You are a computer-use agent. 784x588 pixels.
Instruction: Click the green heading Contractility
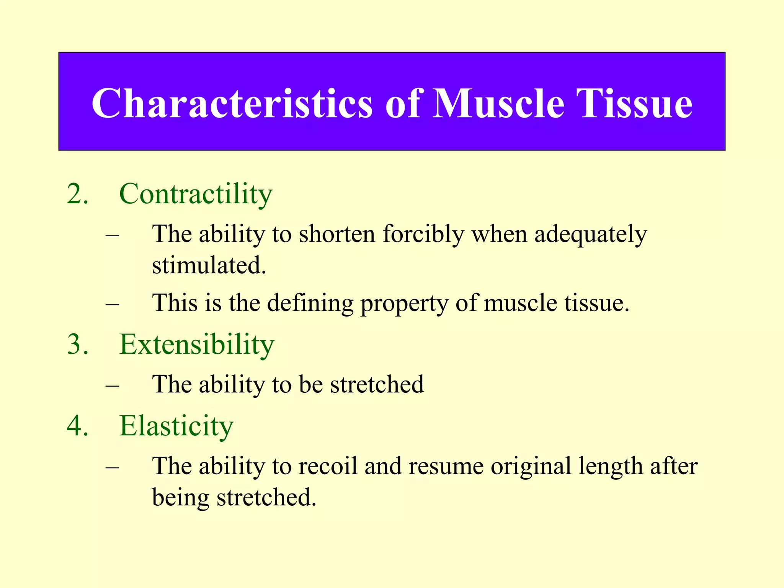click(196, 194)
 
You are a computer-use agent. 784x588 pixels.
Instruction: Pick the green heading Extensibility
click(197, 344)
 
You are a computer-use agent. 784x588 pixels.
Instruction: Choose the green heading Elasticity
click(176, 426)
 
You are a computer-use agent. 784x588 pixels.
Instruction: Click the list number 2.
click(77, 194)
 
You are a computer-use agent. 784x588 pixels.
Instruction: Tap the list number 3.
click(77, 344)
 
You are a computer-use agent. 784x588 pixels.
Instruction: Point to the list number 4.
click(77, 426)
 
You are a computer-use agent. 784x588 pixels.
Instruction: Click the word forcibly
click(423, 234)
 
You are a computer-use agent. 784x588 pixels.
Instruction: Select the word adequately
click(590, 234)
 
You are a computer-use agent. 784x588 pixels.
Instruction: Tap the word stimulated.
click(209, 265)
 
